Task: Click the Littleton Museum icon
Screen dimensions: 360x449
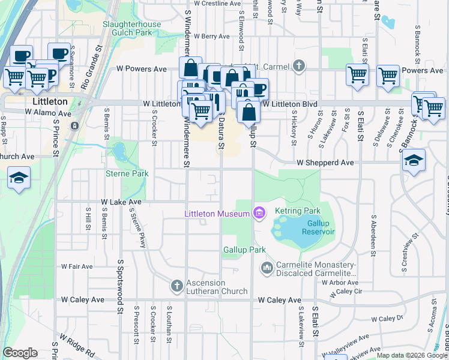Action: point(259,213)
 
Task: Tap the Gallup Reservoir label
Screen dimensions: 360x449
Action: point(315,227)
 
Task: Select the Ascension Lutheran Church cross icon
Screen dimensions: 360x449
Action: point(176,286)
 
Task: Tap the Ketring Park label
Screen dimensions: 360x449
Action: point(298,211)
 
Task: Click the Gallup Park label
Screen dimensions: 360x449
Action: point(244,249)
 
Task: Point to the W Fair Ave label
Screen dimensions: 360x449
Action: point(77,266)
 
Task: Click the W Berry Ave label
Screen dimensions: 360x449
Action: point(211,37)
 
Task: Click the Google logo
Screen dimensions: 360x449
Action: point(20,353)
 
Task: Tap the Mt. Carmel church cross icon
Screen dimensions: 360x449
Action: point(299,67)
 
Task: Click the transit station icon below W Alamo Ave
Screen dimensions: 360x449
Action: point(74,126)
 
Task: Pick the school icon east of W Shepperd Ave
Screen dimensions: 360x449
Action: point(414,160)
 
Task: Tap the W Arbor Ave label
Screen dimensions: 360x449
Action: point(340,282)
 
